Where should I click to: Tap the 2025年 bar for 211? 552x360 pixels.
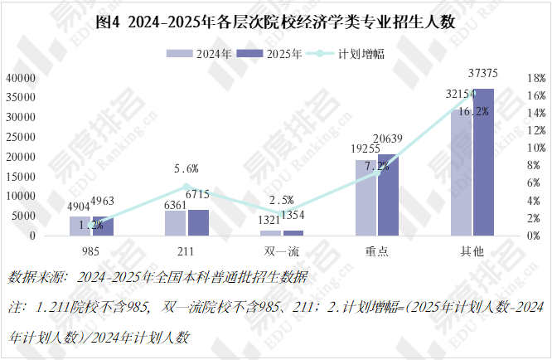tap(198, 222)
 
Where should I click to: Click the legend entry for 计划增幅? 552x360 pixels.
tap(351, 54)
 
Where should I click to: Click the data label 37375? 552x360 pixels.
tap(484, 75)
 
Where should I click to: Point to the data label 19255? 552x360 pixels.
tap(365, 149)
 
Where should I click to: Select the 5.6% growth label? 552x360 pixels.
tap(186, 168)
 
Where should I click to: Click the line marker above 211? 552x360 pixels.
tap(186, 187)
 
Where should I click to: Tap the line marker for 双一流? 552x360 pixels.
tap(282, 213)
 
